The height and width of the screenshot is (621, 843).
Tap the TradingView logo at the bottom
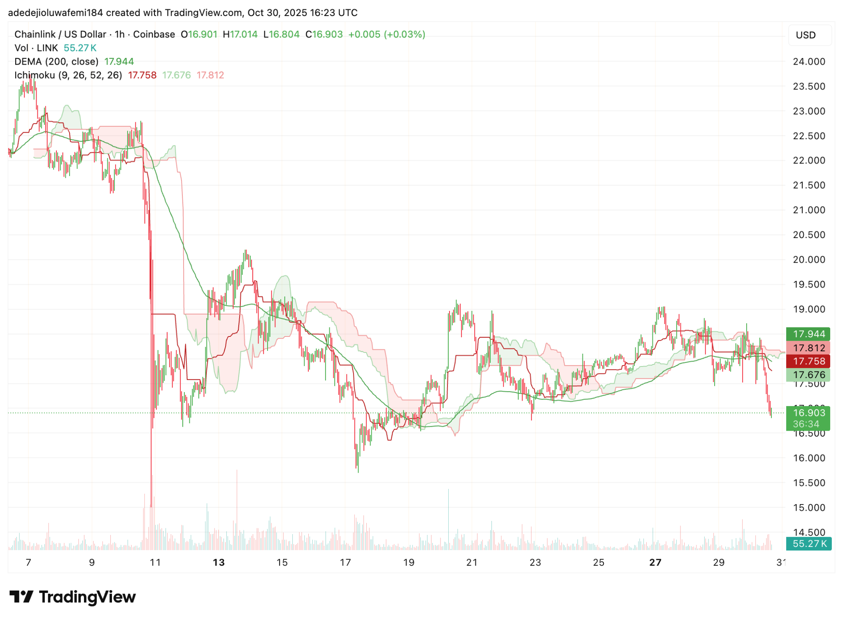click(72, 597)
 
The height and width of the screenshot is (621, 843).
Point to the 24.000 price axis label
click(809, 62)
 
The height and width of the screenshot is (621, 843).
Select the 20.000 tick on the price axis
click(809, 260)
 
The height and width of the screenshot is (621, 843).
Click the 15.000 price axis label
click(809, 508)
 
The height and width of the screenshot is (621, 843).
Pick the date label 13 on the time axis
click(219, 563)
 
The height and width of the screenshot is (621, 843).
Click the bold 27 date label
click(655, 563)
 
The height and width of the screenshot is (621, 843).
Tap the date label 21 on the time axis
click(472, 563)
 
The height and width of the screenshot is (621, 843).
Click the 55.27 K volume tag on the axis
click(809, 544)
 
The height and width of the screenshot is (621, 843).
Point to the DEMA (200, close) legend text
click(56, 62)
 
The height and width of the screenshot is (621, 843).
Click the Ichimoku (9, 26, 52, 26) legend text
click(68, 75)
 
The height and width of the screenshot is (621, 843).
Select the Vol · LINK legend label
click(36, 48)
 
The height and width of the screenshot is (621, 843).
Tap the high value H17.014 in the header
click(240, 35)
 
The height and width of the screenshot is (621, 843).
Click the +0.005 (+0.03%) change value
click(387, 35)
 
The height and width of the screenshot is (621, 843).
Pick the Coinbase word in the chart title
click(154, 35)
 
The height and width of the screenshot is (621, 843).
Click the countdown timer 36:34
click(806, 424)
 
